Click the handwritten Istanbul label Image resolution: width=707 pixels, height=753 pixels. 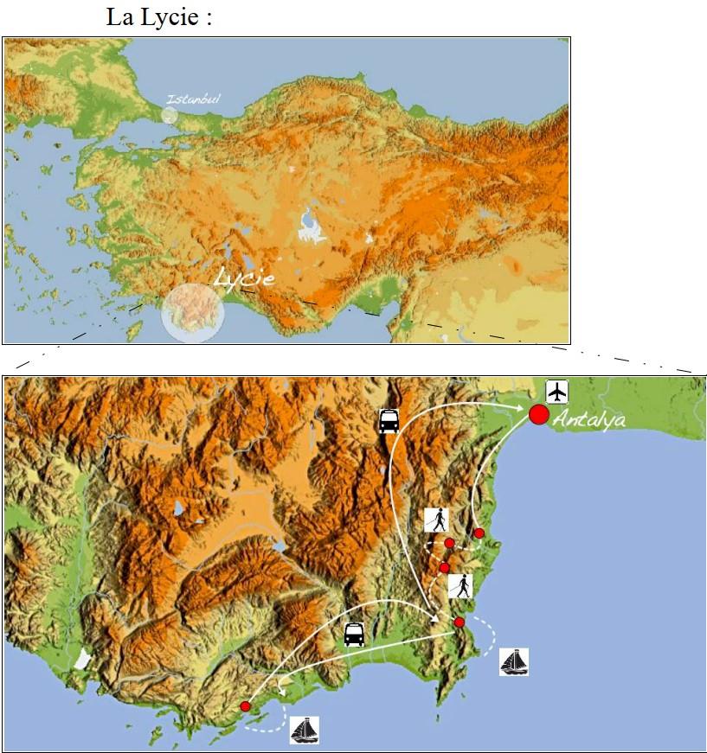pos(193,99)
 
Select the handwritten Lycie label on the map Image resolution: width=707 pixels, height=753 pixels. pos(244,278)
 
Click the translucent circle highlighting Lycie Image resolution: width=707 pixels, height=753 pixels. pos(193,312)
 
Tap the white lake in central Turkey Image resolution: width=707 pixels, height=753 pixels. pos(308,226)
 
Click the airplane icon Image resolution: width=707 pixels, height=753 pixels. pos(557,392)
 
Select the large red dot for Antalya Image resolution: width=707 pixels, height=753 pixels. pos(538,415)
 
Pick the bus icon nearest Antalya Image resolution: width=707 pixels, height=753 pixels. pos(389,421)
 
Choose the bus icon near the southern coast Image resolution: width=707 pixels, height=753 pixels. pos(354,635)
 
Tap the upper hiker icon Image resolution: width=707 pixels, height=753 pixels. pos(437,520)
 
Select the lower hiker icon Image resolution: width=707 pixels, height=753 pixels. pos(460,586)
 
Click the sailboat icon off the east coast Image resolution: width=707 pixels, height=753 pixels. pos(514,661)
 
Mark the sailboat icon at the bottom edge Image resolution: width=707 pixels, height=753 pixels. pos(305,730)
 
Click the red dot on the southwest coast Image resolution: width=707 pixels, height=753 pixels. pos(246,706)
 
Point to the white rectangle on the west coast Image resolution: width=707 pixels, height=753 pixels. pos(82,659)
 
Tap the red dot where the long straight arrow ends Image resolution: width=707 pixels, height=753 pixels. pos(459,622)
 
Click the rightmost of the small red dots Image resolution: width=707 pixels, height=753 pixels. pos(479,533)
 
